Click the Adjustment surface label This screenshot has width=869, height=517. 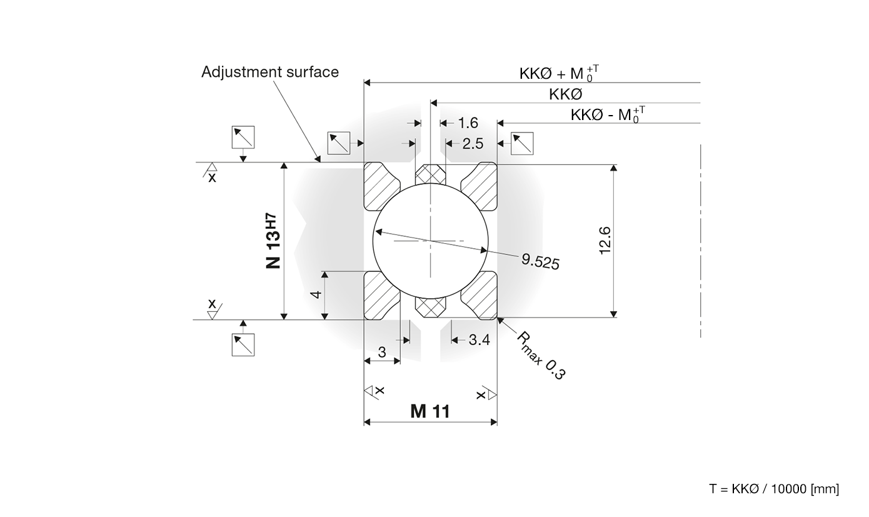[x=269, y=72]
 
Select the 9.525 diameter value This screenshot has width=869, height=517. [x=540, y=261]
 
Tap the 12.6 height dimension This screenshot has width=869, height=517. [x=605, y=241]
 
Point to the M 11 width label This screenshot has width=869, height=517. [x=429, y=411]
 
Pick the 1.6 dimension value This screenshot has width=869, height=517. [x=468, y=123]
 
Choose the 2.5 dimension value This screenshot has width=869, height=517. [x=473, y=144]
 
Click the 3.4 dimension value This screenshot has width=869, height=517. [x=479, y=340]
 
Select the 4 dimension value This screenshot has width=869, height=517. [x=317, y=294]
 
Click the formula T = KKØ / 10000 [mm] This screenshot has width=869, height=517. [x=773, y=489]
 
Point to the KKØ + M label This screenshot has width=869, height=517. [x=558, y=74]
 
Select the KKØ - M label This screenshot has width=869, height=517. [x=607, y=115]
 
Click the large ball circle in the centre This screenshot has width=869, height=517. [x=430, y=241]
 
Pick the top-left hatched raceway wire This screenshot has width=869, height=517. [x=379, y=185]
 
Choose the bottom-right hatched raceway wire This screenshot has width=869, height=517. [x=481, y=296]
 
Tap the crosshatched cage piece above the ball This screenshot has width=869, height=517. [x=430, y=174]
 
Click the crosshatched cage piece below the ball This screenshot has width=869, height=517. [x=430, y=307]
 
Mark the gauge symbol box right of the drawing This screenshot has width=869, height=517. [x=522, y=143]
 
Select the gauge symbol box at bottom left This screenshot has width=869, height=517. [x=243, y=345]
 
